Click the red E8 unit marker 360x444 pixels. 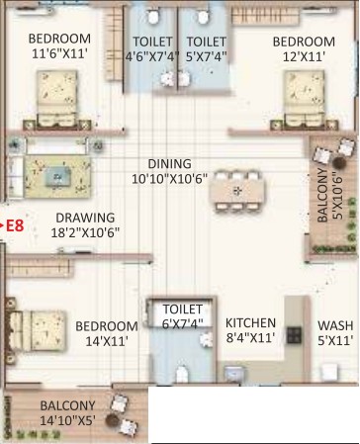click(15, 226)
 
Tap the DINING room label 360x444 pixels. click(169, 164)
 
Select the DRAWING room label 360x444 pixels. click(85, 218)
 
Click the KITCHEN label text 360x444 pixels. click(250, 322)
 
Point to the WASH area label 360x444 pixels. click(335, 325)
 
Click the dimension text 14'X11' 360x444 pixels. click(107, 341)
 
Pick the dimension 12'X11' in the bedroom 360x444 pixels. click(304, 56)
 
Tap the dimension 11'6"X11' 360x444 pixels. click(59, 53)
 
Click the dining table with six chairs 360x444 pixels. click(237, 191)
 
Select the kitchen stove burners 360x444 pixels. click(294, 335)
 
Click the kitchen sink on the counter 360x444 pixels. click(233, 373)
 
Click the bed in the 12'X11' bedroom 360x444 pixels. click(305, 99)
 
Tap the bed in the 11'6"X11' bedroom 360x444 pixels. click(57, 99)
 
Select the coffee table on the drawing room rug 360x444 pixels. click(58, 177)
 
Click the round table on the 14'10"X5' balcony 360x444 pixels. click(112, 420)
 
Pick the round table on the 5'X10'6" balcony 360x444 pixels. click(338, 162)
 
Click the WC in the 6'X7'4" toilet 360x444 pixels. click(182, 374)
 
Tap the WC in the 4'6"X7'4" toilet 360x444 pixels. click(153, 17)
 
